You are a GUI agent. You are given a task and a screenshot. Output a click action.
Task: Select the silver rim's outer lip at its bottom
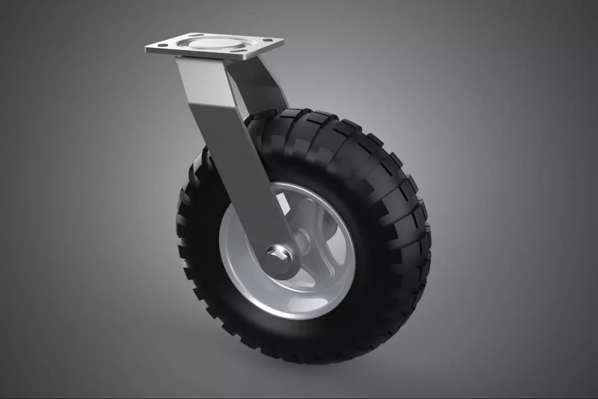[289, 315]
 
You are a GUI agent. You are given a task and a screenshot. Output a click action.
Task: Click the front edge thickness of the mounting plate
[199, 55]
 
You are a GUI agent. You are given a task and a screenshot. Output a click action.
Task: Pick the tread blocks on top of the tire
[319, 120]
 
